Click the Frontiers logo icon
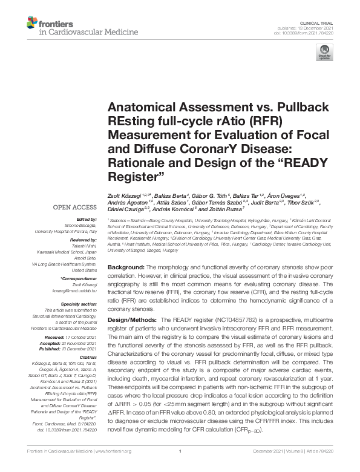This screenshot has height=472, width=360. (32, 23)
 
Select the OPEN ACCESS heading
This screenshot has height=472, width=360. (76, 208)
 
